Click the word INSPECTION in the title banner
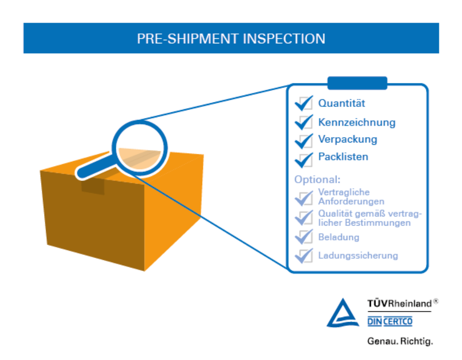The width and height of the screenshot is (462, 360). [284, 39]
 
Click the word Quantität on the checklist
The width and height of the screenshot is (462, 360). [342, 103]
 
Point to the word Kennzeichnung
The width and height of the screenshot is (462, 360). [357, 122]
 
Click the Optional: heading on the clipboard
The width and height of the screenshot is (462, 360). [317, 180]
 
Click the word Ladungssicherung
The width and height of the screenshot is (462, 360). [358, 255]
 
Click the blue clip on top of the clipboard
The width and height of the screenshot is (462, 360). [357, 83]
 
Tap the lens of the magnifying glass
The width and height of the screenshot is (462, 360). [140, 148]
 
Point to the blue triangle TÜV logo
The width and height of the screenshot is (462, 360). [343, 313]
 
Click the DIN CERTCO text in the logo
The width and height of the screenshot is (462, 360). [390, 321]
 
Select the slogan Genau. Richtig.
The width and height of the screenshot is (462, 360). [400, 341]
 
